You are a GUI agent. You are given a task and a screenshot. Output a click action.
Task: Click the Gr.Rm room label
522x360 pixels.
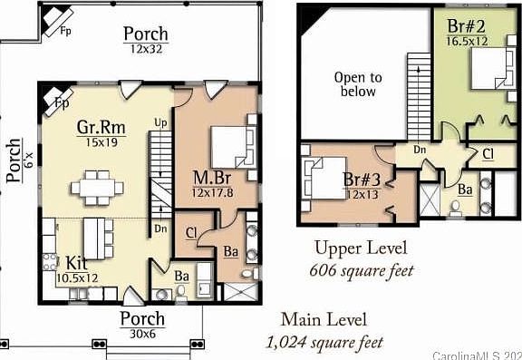[x=101, y=126]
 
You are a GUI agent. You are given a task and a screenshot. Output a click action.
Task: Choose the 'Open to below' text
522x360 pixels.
[x=358, y=84]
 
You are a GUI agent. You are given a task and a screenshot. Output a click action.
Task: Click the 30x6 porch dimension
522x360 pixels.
[x=142, y=334]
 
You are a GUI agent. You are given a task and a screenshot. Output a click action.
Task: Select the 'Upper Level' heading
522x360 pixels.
[x=360, y=248]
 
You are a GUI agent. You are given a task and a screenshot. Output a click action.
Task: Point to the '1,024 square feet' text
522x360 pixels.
[x=324, y=343]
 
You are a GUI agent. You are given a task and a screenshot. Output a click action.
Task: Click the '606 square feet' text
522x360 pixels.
[x=360, y=269]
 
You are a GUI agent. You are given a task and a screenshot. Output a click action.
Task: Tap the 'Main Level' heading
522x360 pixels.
[x=324, y=320]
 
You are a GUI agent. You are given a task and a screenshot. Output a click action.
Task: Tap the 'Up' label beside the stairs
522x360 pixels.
[x=160, y=122]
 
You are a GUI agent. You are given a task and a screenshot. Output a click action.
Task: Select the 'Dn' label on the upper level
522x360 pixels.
[x=420, y=150]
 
